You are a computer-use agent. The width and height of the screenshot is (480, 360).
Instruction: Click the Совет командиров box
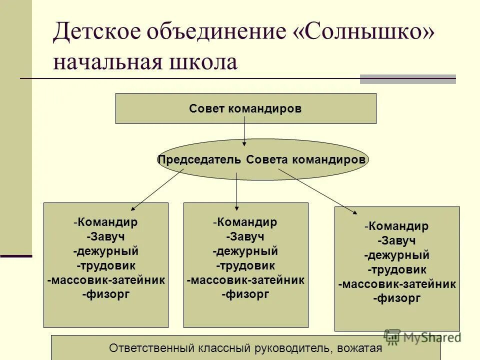245,108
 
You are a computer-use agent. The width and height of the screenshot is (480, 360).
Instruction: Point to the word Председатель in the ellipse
200,160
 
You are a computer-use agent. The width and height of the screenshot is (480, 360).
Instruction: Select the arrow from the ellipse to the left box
157,189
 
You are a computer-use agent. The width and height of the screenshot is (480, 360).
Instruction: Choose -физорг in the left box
105,294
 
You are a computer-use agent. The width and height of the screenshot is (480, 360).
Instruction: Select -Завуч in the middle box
245,236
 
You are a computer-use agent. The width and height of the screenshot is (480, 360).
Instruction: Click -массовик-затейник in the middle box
245,280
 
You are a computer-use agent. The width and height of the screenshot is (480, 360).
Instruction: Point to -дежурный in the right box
396,255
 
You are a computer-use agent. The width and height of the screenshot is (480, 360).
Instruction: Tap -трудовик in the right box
396,270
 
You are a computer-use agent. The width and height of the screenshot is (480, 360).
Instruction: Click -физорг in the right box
396,299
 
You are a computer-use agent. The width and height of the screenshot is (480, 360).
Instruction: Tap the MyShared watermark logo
422,337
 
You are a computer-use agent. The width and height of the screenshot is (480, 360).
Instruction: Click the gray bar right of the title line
407,79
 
